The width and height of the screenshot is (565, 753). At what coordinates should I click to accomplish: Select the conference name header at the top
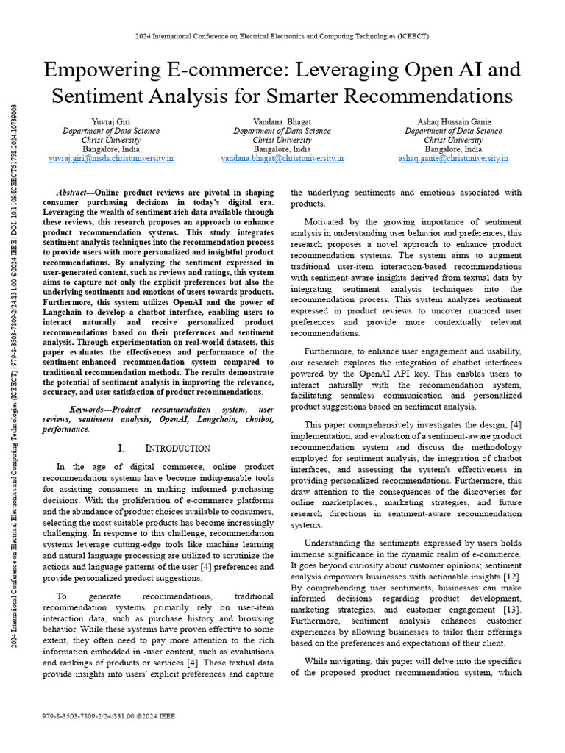tap(282, 36)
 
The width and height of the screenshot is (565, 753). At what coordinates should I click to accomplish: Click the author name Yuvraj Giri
tap(111, 121)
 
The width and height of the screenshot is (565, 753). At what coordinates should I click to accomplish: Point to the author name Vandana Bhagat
tap(282, 121)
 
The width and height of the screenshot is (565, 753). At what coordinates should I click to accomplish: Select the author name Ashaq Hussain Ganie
tap(453, 121)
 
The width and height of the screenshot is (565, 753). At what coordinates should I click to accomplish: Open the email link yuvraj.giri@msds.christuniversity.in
tap(111, 158)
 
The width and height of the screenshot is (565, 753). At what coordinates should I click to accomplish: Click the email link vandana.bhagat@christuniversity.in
tap(282, 158)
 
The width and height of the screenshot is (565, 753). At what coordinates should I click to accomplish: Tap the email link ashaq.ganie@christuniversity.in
tap(453, 158)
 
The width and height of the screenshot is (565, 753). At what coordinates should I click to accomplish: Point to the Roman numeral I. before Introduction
tap(122, 448)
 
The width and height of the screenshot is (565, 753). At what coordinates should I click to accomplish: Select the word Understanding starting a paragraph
tap(338, 543)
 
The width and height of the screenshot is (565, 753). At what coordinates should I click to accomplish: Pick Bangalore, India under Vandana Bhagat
tap(282, 149)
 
